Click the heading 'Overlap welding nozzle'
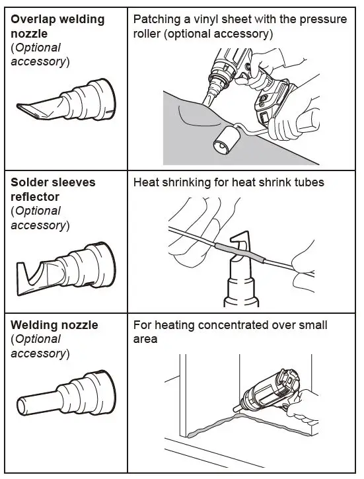(57, 26)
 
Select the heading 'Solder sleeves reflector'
(53, 189)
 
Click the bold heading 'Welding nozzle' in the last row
(54, 325)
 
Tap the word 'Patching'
(156, 18)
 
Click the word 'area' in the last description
(145, 339)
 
